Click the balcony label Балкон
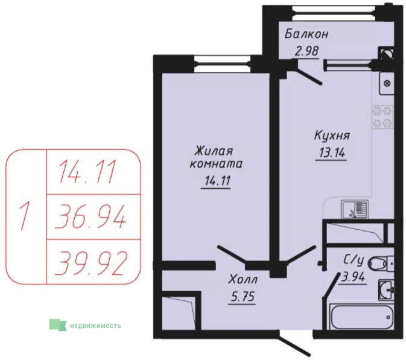click(306, 34)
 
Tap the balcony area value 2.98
click(306, 51)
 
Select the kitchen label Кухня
click(332, 136)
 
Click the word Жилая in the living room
click(214, 151)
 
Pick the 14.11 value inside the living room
click(217, 181)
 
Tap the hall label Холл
click(243, 280)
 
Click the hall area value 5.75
click(243, 297)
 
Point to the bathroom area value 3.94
click(354, 277)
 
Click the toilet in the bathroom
click(381, 264)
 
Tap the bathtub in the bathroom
click(362, 317)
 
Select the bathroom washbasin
click(387, 289)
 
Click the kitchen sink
click(355, 209)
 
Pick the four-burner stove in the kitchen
click(382, 117)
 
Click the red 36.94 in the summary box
click(90, 217)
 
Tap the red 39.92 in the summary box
click(91, 263)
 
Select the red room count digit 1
click(24, 216)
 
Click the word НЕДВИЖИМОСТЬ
click(95, 326)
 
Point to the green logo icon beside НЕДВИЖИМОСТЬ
click(58, 324)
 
